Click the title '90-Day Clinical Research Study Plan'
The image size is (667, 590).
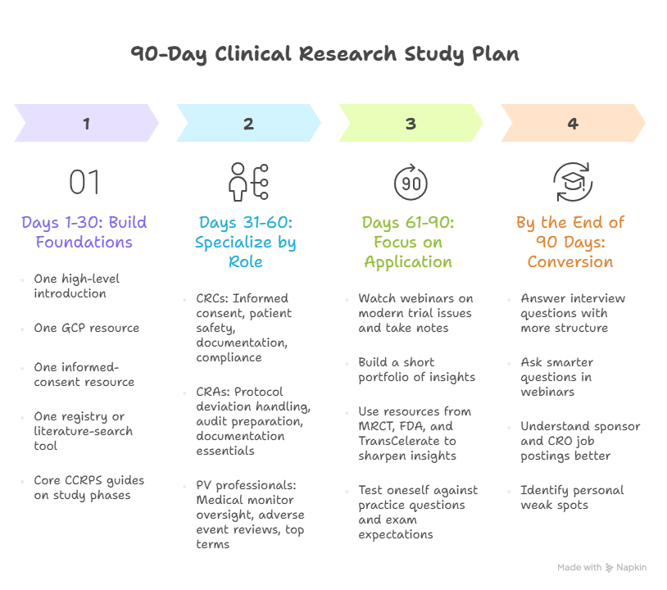(324, 55)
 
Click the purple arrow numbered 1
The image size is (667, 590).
(86, 124)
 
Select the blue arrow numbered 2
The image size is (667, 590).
(248, 124)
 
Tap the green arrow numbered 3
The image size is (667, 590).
(411, 124)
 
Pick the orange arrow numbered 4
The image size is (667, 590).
(573, 124)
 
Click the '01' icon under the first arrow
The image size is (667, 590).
(84, 182)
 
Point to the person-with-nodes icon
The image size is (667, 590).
(248, 181)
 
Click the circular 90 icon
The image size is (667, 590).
(411, 181)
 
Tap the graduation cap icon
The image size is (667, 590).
(573, 181)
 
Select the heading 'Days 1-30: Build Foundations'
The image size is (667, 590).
(84, 232)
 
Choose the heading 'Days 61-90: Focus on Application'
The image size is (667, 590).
(408, 242)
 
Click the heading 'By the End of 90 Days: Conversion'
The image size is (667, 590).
(570, 242)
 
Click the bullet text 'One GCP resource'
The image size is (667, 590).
(86, 328)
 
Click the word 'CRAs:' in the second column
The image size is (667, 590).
(211, 392)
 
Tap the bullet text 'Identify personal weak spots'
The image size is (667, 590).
(571, 497)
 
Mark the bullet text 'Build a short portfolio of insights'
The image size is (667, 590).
(416, 370)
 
